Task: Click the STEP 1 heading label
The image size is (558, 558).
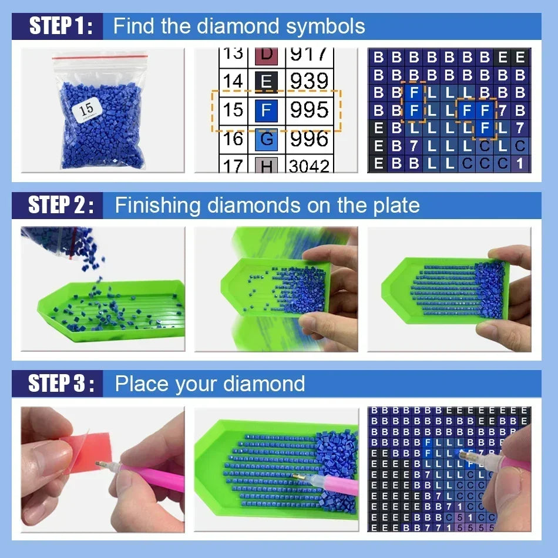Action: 61,26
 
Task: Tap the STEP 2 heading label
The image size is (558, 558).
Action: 61,205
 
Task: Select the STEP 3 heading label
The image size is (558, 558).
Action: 61,384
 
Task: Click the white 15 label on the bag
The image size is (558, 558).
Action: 86,109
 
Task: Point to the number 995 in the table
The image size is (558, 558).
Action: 309,110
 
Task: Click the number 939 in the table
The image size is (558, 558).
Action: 309,81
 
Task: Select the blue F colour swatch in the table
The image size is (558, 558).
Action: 266,110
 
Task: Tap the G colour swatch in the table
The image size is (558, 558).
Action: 266,139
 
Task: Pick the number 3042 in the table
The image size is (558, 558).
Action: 309,166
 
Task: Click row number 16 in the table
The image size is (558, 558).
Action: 233,139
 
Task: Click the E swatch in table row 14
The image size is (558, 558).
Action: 266,81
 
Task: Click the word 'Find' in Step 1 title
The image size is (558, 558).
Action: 133,26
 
